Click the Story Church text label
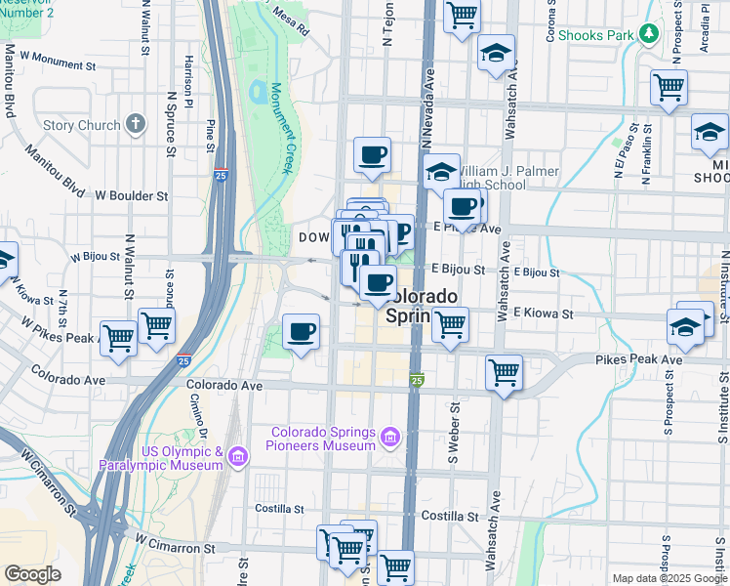81,126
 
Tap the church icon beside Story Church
135,125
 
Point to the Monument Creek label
281,128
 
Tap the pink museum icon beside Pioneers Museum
391,437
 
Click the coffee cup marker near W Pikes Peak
302,331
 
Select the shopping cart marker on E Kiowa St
450,324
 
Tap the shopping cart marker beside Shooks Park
669,87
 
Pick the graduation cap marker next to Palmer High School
441,171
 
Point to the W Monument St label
58,66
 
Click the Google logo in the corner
32,574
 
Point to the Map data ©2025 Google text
669,578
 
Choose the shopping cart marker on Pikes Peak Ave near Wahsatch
504,371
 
